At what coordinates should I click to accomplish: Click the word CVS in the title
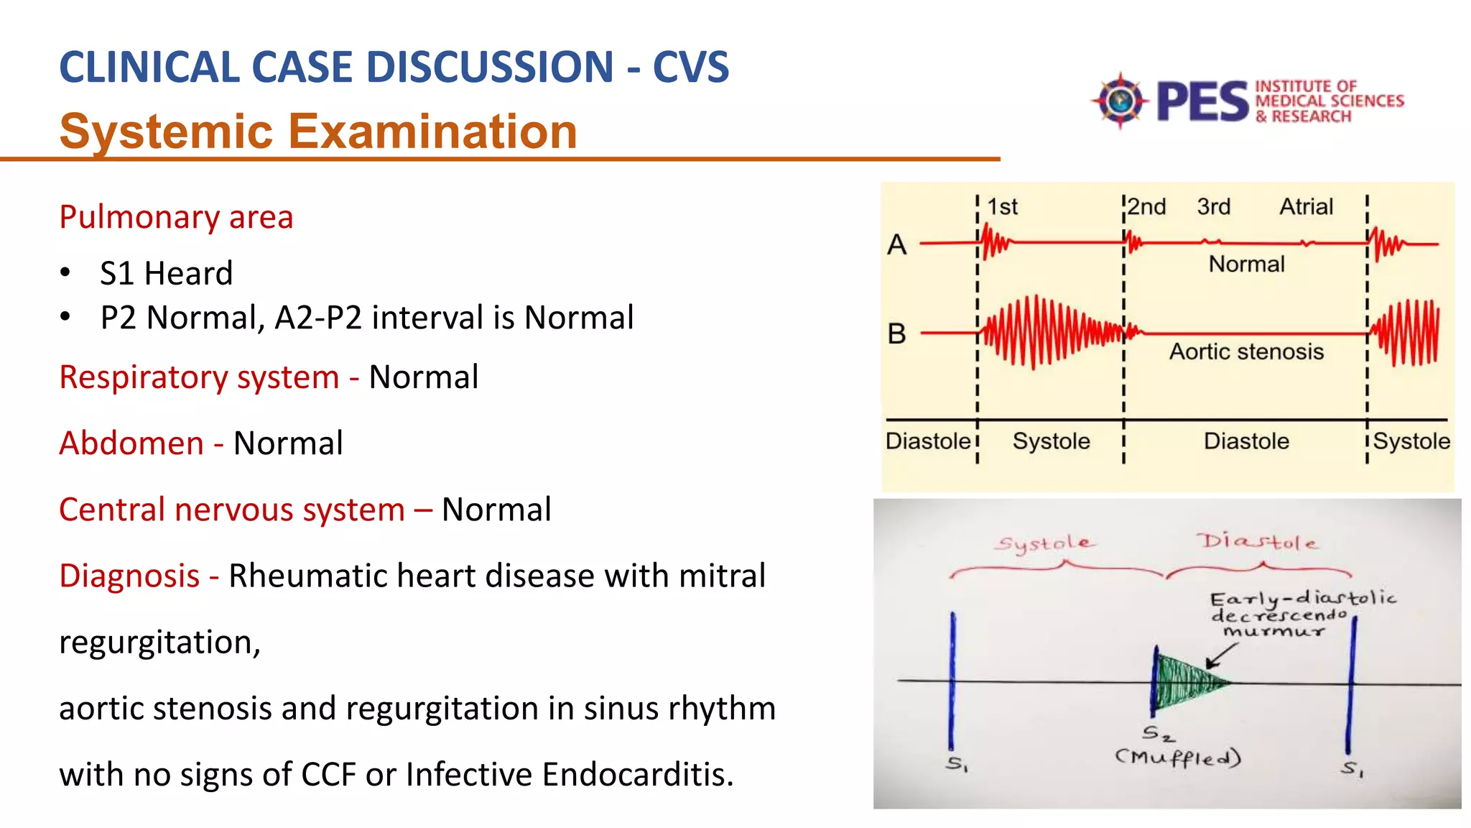pos(690,68)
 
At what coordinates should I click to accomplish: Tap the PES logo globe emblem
pos(1120,101)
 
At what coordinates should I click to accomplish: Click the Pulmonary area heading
pos(176,217)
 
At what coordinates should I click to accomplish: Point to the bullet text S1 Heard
pos(166,273)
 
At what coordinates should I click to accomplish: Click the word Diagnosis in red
pos(129,576)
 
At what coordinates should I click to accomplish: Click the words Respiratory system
pos(199,377)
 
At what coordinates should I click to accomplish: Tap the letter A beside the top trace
pos(896,245)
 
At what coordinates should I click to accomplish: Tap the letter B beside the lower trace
pos(896,334)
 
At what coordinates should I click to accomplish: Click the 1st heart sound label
pos(1002,207)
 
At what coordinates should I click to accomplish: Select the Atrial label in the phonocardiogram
pos(1306,207)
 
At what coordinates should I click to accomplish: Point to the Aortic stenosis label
pos(1246,351)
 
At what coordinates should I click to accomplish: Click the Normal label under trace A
pos(1246,264)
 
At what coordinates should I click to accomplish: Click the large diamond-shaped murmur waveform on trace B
pos(1041,333)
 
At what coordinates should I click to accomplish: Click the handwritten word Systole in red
pos(1045,543)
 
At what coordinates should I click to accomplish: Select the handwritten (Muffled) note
pos(1178,757)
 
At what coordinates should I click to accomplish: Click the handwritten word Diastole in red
pos(1257,541)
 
